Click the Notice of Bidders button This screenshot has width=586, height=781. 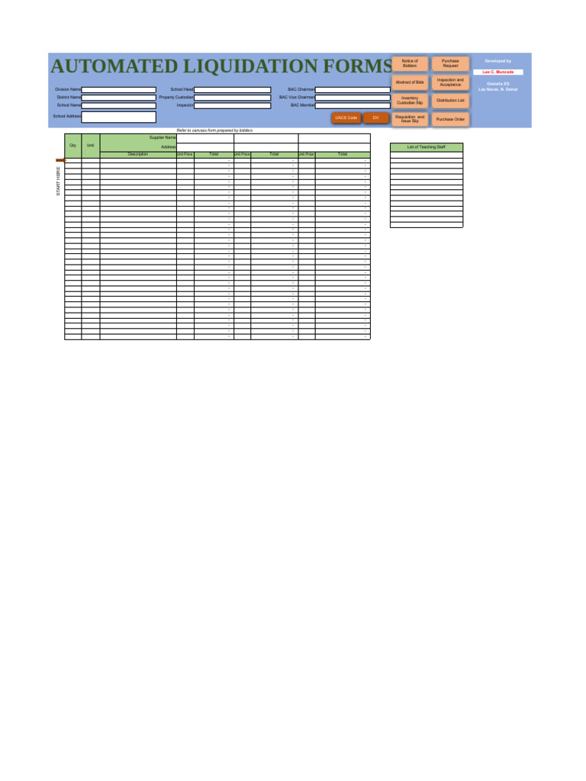410,64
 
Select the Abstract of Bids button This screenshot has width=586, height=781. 410,82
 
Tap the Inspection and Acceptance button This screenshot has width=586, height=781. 450,82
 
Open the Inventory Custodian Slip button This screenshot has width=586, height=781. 410,101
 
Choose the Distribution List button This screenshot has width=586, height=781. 450,101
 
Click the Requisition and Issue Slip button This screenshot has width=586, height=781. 410,119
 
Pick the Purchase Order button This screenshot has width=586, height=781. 450,120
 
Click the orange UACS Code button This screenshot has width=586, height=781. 346,117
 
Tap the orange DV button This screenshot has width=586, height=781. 375,117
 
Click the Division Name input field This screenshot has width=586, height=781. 119,89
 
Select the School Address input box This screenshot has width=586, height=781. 119,117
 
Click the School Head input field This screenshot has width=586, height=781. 233,89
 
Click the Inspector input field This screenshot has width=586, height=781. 233,105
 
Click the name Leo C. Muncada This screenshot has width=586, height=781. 498,72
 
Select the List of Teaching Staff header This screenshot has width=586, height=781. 427,146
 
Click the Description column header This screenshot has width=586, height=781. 138,154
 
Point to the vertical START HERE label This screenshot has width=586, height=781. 58,182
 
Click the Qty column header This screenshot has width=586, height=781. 72,145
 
